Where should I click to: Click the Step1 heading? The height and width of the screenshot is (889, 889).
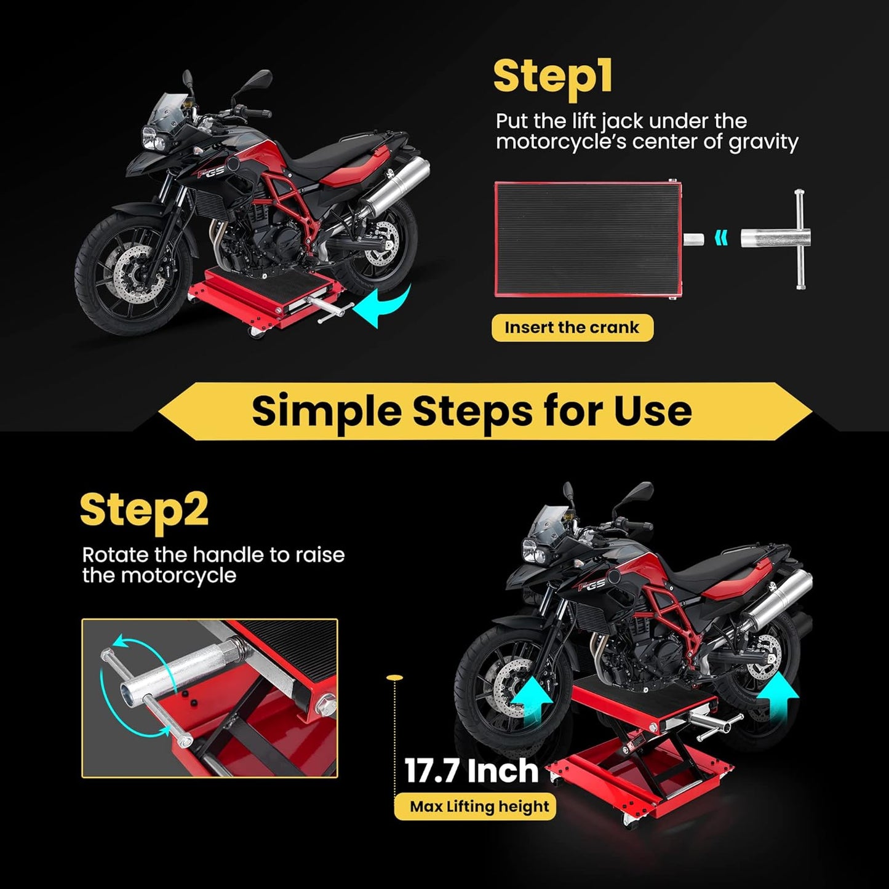click(552, 77)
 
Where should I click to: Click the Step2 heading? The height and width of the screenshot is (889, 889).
click(144, 511)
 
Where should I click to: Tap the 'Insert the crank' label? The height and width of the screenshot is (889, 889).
click(572, 327)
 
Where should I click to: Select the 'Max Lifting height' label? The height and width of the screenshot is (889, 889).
click(479, 807)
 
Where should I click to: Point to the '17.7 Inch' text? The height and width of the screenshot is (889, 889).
click(471, 771)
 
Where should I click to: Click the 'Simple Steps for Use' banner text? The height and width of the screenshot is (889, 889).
click(471, 411)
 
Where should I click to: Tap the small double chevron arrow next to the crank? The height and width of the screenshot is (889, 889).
click(721, 237)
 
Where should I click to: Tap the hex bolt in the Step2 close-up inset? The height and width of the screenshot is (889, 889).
click(326, 701)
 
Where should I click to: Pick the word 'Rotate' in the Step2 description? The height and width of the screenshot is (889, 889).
click(116, 555)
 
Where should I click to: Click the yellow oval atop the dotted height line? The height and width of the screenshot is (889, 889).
click(394, 677)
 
